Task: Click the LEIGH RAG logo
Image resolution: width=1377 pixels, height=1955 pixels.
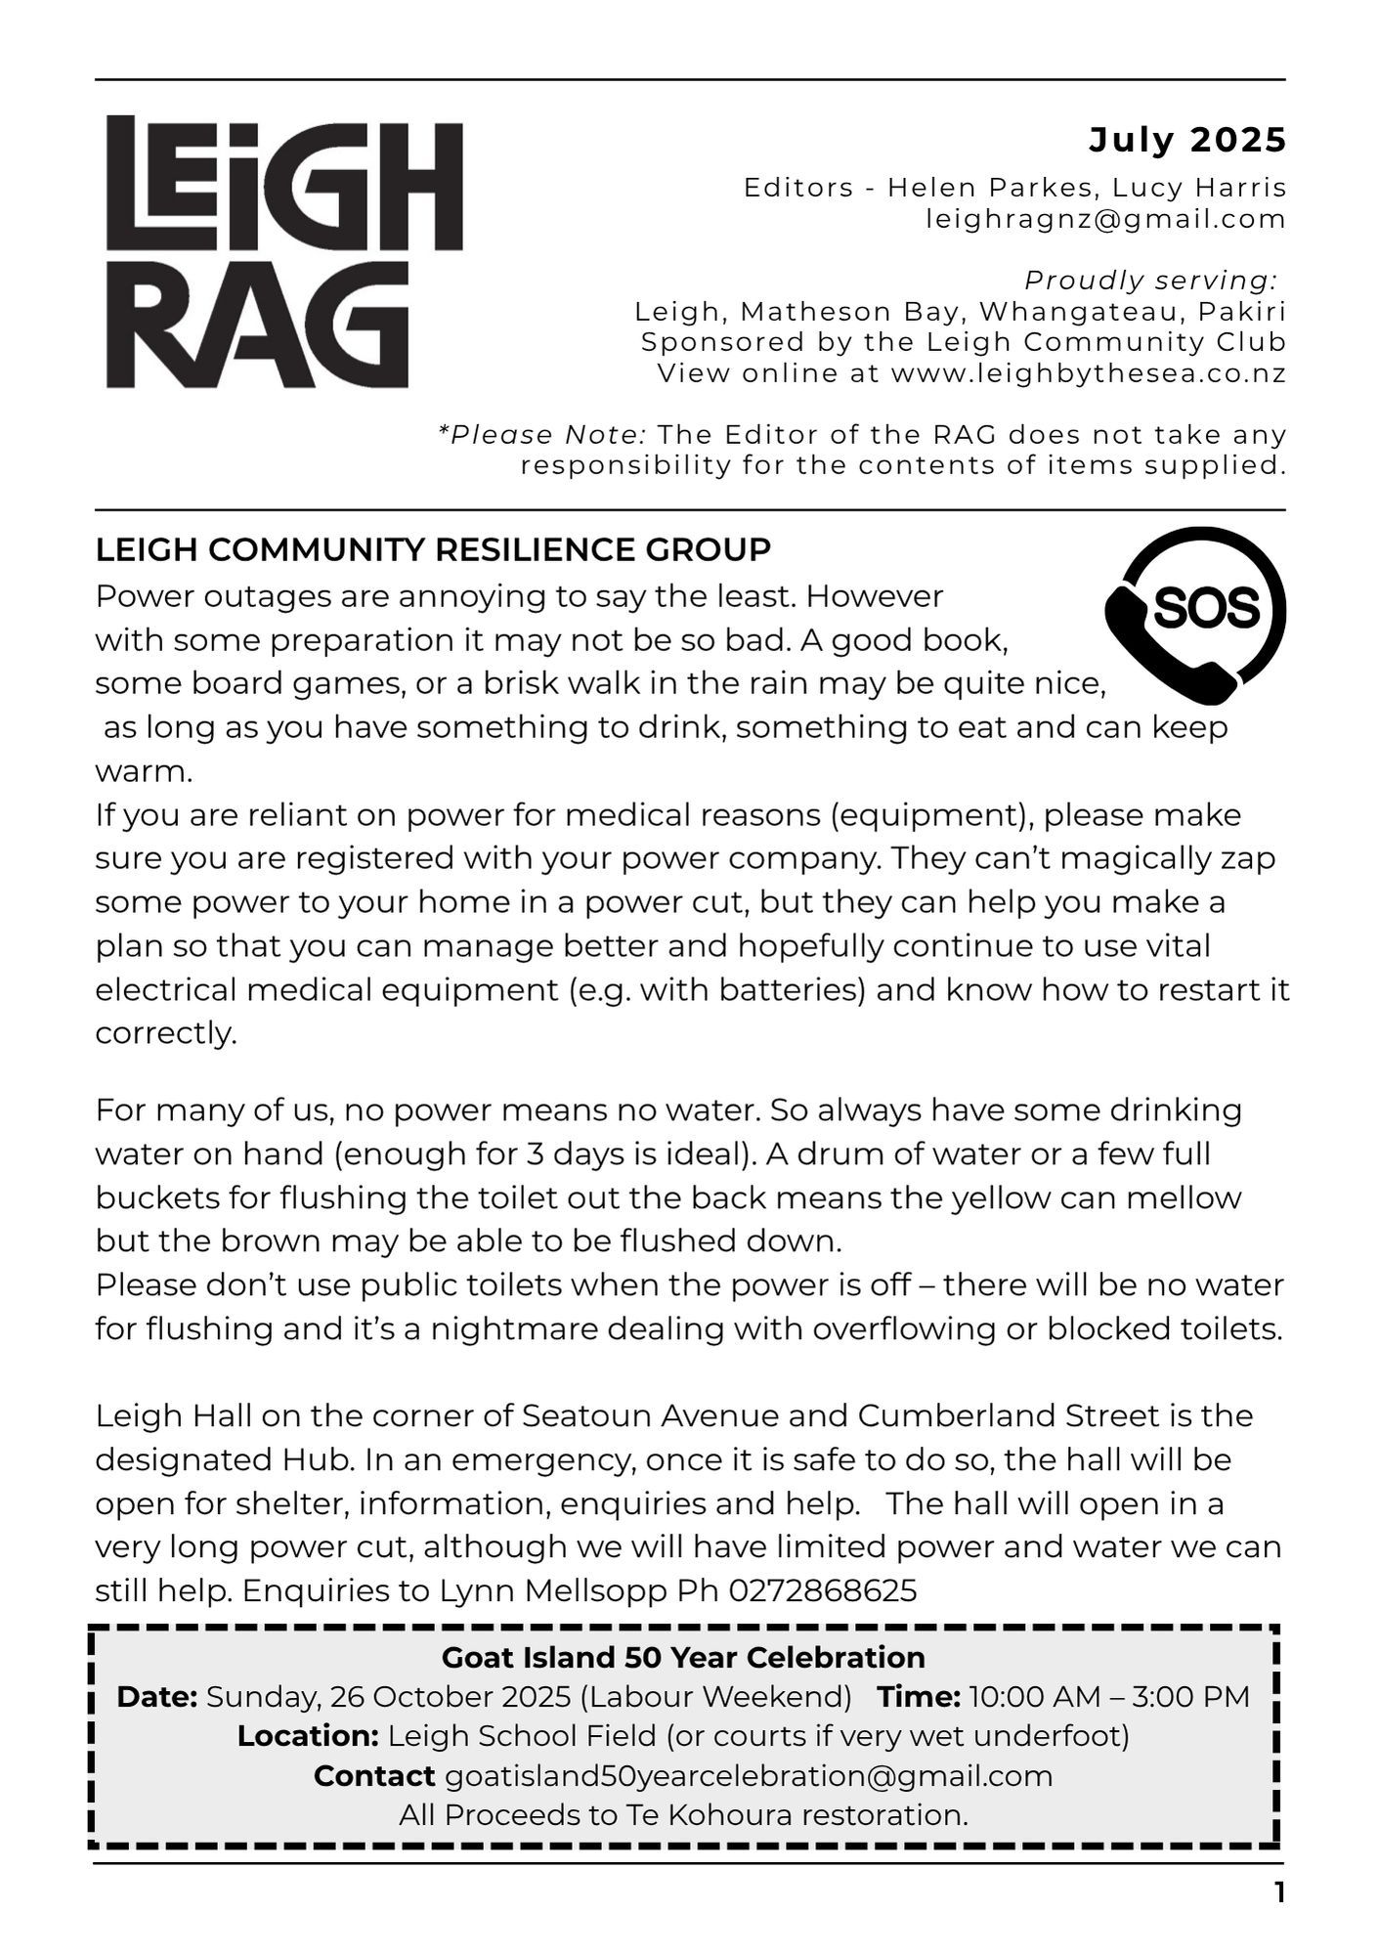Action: [283, 252]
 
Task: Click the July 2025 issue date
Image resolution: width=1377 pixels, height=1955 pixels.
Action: [1187, 141]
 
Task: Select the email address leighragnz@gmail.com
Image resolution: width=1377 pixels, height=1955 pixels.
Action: [1106, 219]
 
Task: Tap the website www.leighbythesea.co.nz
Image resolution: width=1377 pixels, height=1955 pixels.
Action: [1089, 373]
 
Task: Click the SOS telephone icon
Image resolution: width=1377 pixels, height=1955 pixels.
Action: [1195, 623]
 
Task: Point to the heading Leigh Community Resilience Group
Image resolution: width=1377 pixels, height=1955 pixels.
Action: [433, 550]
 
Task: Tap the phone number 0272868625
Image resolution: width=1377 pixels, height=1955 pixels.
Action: [823, 1590]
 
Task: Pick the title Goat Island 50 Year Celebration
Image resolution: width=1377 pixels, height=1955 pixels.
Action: [683, 1657]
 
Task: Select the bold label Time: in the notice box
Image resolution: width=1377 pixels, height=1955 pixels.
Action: [919, 1697]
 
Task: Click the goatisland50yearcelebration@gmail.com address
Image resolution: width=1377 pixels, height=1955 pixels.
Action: [749, 1776]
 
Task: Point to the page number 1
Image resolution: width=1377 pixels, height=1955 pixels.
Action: [1279, 1893]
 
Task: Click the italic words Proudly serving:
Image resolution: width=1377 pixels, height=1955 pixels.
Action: [1150, 281]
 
